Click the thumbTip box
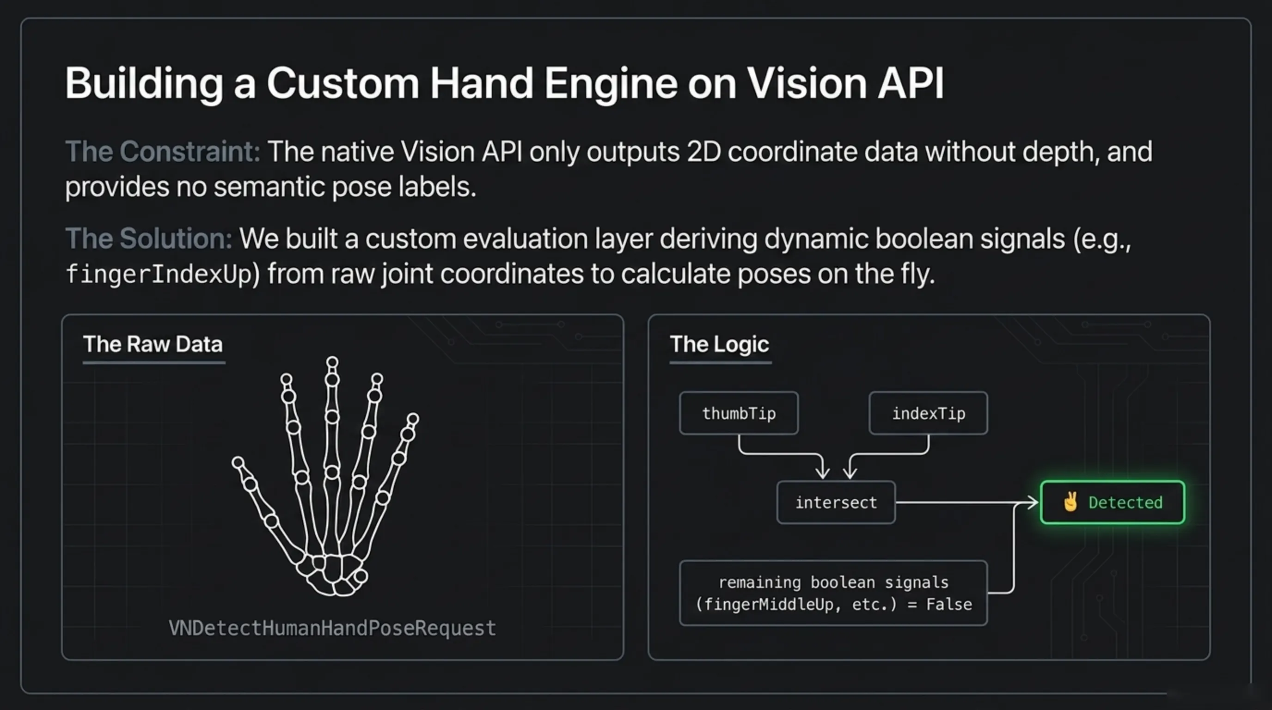[739, 413]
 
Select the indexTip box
[928, 413]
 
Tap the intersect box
[836, 502]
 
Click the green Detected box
[1113, 502]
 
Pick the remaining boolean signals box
[833, 593]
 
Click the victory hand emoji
[1070, 502]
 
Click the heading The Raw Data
[153, 344]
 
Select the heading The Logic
[720, 344]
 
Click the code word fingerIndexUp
[159, 274]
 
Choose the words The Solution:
[149, 239]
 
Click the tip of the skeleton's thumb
[238, 463]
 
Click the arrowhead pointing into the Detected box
[1033, 502]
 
